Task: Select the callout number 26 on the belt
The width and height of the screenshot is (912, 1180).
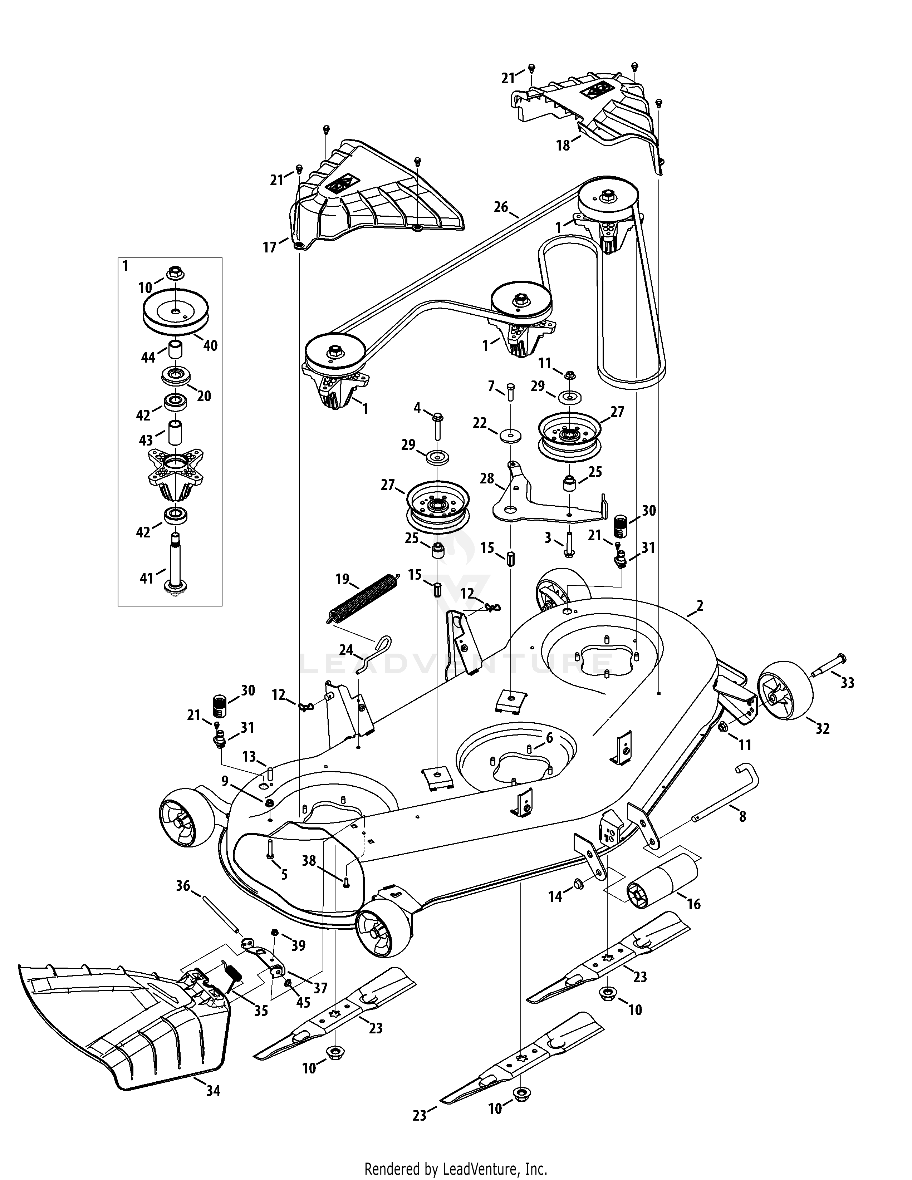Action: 501,206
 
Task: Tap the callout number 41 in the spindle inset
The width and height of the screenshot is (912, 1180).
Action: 146,579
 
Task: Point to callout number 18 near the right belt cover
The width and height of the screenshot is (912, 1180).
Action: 563,145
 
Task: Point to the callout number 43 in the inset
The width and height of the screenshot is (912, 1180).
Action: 146,440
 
